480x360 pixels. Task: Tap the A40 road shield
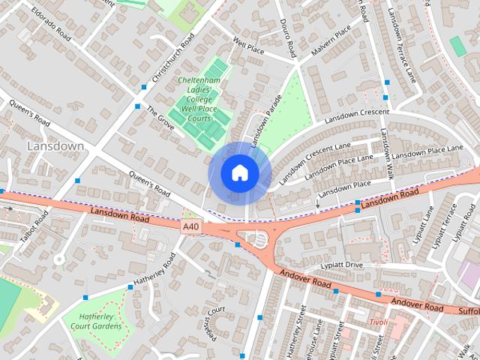[x=191, y=225]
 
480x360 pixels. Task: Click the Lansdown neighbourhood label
[x=55, y=146]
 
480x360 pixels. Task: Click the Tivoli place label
[x=378, y=322]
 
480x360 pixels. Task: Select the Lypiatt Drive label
[x=342, y=265]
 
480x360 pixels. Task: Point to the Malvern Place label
[x=333, y=35]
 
